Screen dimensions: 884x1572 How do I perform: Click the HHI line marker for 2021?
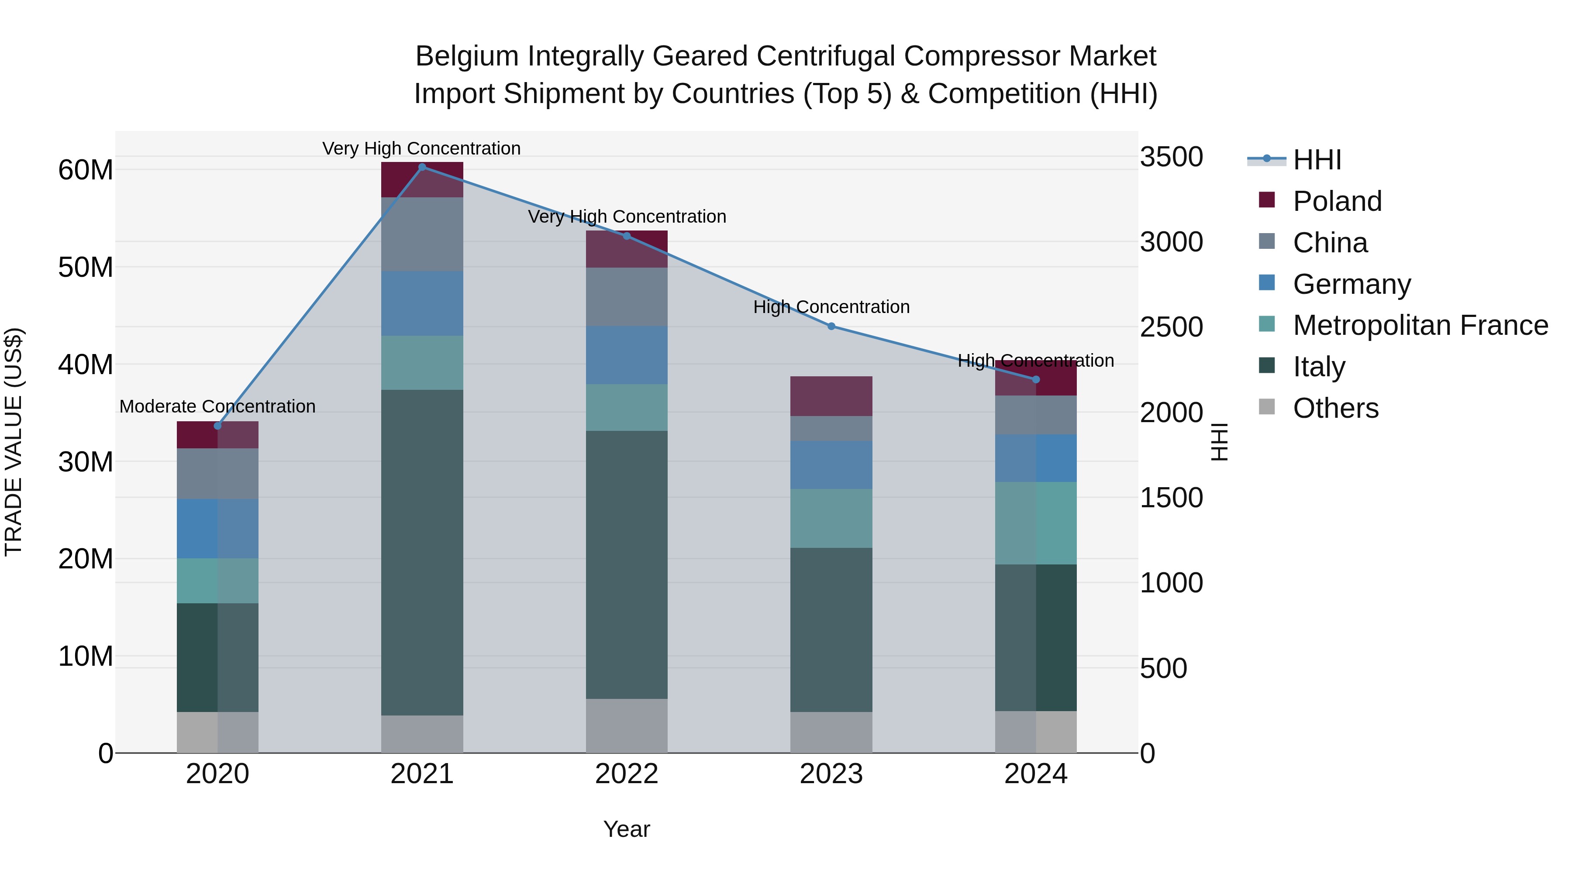point(422,167)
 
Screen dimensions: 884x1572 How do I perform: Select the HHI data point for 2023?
point(831,327)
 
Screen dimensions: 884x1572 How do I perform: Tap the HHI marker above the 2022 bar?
point(627,236)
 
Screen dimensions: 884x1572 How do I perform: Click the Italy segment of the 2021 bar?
point(422,552)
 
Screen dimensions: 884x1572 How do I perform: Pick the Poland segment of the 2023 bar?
point(831,396)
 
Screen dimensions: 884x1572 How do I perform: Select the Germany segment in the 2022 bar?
point(627,355)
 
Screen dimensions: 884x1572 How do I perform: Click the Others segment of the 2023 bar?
point(831,732)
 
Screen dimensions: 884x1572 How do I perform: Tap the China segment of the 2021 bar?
point(422,234)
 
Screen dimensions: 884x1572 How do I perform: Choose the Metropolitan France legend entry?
point(1420,325)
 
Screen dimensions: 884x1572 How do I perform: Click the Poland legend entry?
point(1337,201)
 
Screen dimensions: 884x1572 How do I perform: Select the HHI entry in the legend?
point(1316,160)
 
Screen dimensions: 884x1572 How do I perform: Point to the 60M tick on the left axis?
point(86,170)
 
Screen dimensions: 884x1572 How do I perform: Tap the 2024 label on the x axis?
point(1036,774)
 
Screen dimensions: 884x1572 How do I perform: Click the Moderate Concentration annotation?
point(217,406)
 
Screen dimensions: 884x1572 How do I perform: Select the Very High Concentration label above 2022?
point(627,217)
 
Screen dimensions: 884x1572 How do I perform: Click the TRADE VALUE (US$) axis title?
point(14,442)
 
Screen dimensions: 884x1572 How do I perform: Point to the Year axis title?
point(627,829)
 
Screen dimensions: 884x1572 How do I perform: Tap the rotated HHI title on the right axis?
point(1219,442)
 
